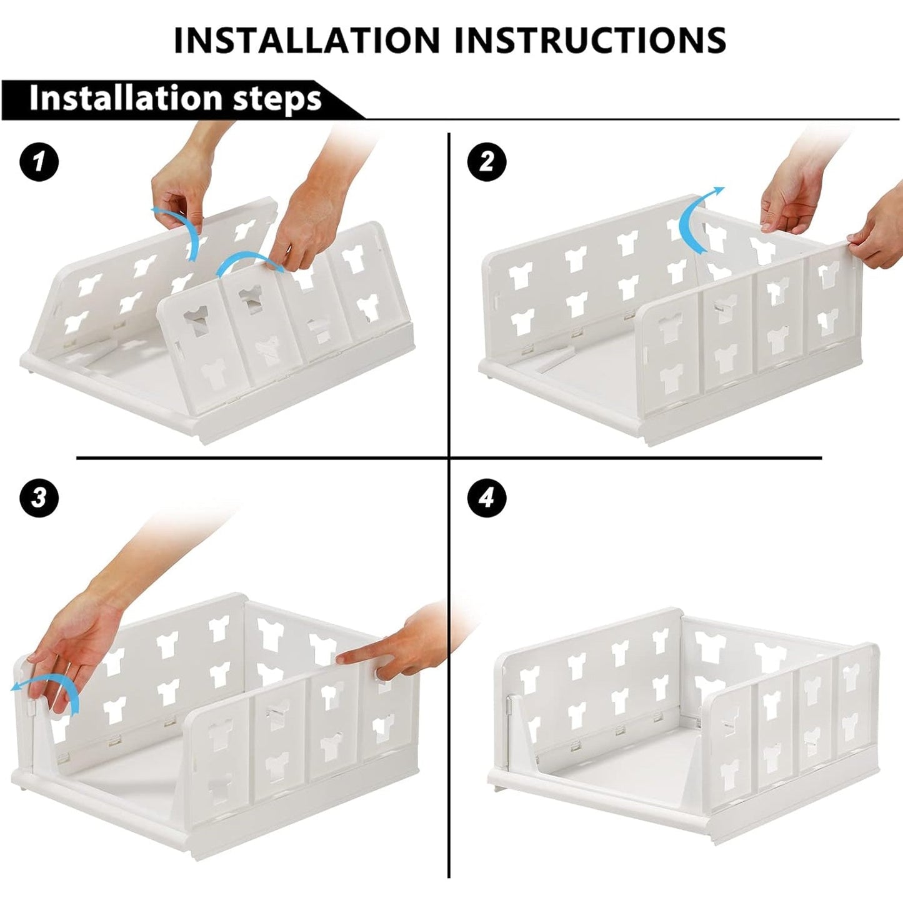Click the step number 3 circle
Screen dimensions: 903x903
tap(39, 498)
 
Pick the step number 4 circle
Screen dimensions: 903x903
tap(486, 498)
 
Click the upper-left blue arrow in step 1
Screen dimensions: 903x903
tap(181, 231)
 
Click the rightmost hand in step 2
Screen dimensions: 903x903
tap(878, 241)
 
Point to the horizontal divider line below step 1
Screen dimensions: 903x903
tap(262, 458)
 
